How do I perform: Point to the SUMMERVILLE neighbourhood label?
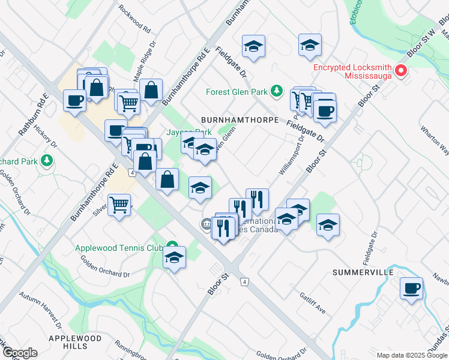pyautogui.click(x=363, y=272)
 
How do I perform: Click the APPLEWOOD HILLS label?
pyautogui.click(x=75, y=343)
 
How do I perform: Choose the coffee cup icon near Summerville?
pyautogui.click(x=412, y=289)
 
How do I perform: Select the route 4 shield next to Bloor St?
pyautogui.click(x=244, y=281)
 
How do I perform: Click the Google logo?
pyautogui.click(x=20, y=353)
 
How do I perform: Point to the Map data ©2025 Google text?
pyautogui.click(x=412, y=355)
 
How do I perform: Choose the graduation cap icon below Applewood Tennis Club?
pyautogui.click(x=174, y=258)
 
